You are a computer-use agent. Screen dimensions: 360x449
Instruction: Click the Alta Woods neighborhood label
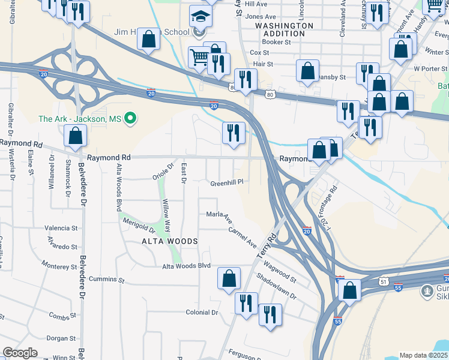[x=169, y=241]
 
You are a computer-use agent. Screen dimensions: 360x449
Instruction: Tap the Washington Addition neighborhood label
[x=284, y=30]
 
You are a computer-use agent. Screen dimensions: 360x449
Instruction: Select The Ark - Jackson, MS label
[x=80, y=119]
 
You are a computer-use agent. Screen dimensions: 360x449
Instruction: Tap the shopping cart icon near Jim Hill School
[x=199, y=57]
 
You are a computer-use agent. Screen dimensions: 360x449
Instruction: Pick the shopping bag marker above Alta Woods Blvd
[x=229, y=278]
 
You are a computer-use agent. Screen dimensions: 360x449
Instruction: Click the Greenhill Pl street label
[x=226, y=182]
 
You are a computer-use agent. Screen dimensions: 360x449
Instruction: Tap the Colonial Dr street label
[x=202, y=312]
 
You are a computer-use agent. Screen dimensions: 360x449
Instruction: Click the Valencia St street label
[x=62, y=228]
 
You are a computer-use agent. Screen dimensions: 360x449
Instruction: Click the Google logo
[x=20, y=353]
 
